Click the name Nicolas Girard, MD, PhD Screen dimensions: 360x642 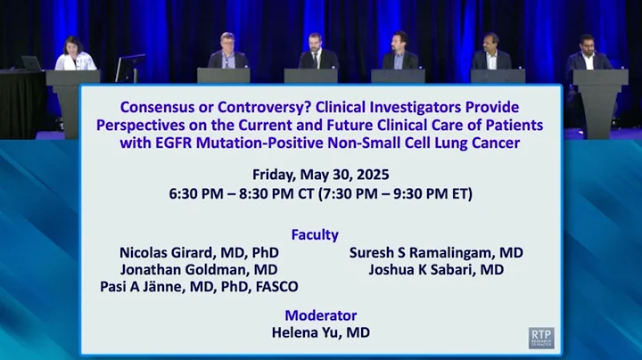click(198, 252)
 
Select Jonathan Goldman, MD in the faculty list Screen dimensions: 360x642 click(198, 269)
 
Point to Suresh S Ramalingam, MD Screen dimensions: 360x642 click(436, 252)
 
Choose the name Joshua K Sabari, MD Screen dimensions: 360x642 click(436, 269)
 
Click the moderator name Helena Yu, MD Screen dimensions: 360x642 click(320, 332)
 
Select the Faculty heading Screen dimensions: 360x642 click(315, 234)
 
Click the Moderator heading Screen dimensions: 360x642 click(320, 315)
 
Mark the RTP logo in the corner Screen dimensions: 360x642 click(541, 337)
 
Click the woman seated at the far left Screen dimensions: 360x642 click(74, 56)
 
